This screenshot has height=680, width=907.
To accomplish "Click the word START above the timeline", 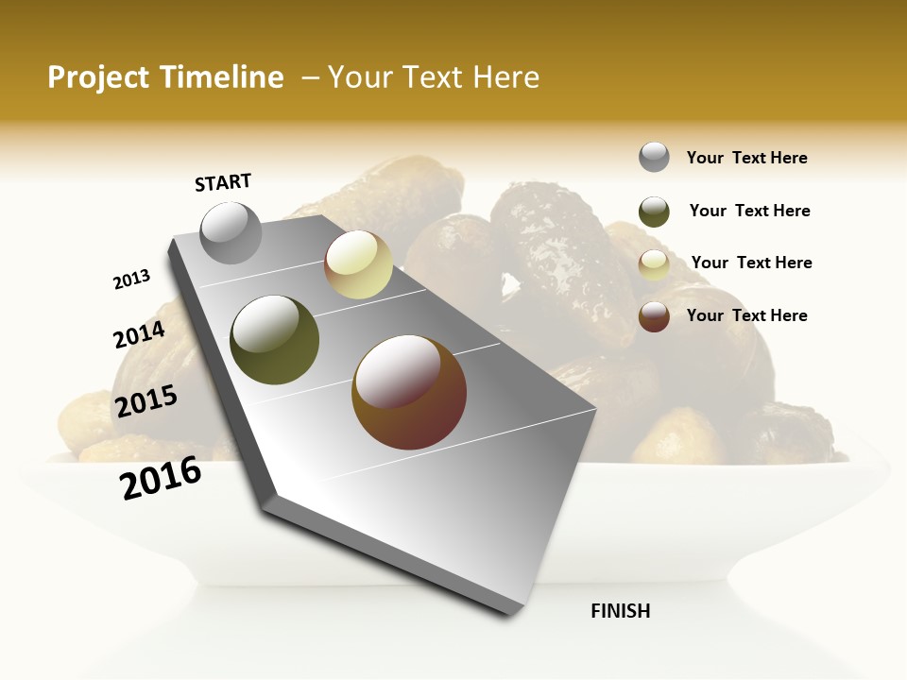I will [223, 182].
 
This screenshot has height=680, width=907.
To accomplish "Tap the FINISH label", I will [620, 611].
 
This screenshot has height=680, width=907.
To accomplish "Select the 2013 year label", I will [131, 279].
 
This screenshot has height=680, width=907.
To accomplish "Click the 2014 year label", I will [139, 334].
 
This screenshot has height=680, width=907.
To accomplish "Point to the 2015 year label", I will [146, 400].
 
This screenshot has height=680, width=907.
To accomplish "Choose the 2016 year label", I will [161, 477].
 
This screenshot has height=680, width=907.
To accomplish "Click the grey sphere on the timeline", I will [231, 232].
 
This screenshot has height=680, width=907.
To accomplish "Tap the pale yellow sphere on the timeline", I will [358, 264].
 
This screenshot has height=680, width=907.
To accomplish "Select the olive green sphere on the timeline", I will [275, 340].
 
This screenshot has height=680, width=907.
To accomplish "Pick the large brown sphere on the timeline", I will [409, 392].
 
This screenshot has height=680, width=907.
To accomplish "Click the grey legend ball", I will [654, 157].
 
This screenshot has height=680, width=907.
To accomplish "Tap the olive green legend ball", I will [654, 212].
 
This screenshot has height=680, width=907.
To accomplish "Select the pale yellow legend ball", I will [654, 264].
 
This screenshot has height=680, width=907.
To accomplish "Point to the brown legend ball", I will [654, 316].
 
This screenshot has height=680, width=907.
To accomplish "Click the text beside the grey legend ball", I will [746, 158].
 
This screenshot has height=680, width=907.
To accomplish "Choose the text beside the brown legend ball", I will [746, 315].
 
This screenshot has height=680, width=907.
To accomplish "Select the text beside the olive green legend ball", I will [749, 211].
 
